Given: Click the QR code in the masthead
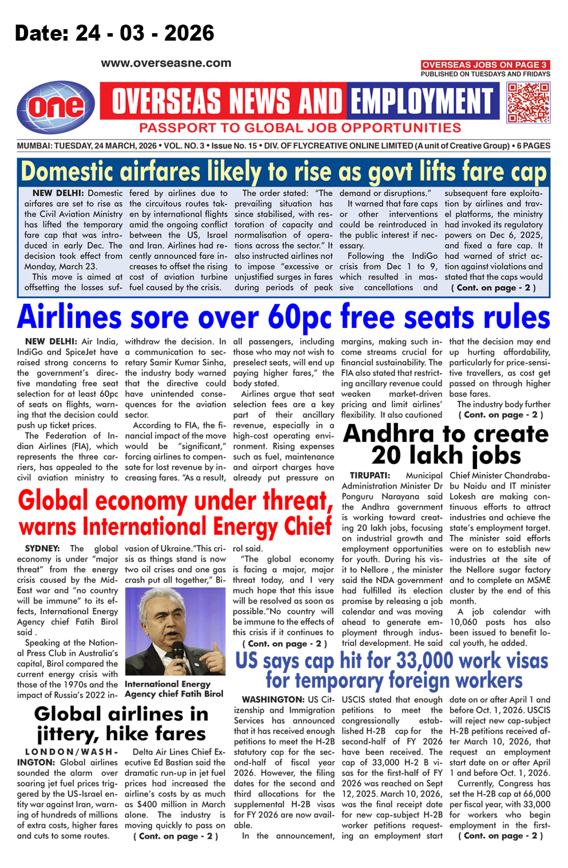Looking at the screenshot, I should point(529,103).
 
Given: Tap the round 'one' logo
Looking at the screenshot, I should point(55,107).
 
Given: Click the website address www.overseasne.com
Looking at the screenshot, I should point(166,64).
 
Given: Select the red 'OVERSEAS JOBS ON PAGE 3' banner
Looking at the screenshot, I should point(485,65).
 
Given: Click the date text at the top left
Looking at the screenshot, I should point(114,33).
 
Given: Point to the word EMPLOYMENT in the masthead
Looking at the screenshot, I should point(422,102).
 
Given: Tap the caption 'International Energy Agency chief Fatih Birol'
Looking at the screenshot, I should point(174,689).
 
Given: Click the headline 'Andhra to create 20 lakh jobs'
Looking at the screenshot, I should point(446,445).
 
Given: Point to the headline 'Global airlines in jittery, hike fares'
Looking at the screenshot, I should point(121,723).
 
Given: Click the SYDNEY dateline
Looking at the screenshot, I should point(42,548).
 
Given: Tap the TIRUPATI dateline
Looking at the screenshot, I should point(370,475).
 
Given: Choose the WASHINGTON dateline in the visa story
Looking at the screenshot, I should point(273,699).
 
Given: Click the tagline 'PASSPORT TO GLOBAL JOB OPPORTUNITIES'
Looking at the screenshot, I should point(300,128).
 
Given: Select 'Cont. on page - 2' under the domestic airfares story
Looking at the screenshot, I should point(493,288).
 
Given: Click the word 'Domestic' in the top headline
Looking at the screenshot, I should point(78,172).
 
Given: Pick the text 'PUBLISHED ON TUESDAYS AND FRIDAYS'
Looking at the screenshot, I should point(485,74).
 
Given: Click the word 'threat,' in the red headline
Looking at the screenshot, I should point(298,501).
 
